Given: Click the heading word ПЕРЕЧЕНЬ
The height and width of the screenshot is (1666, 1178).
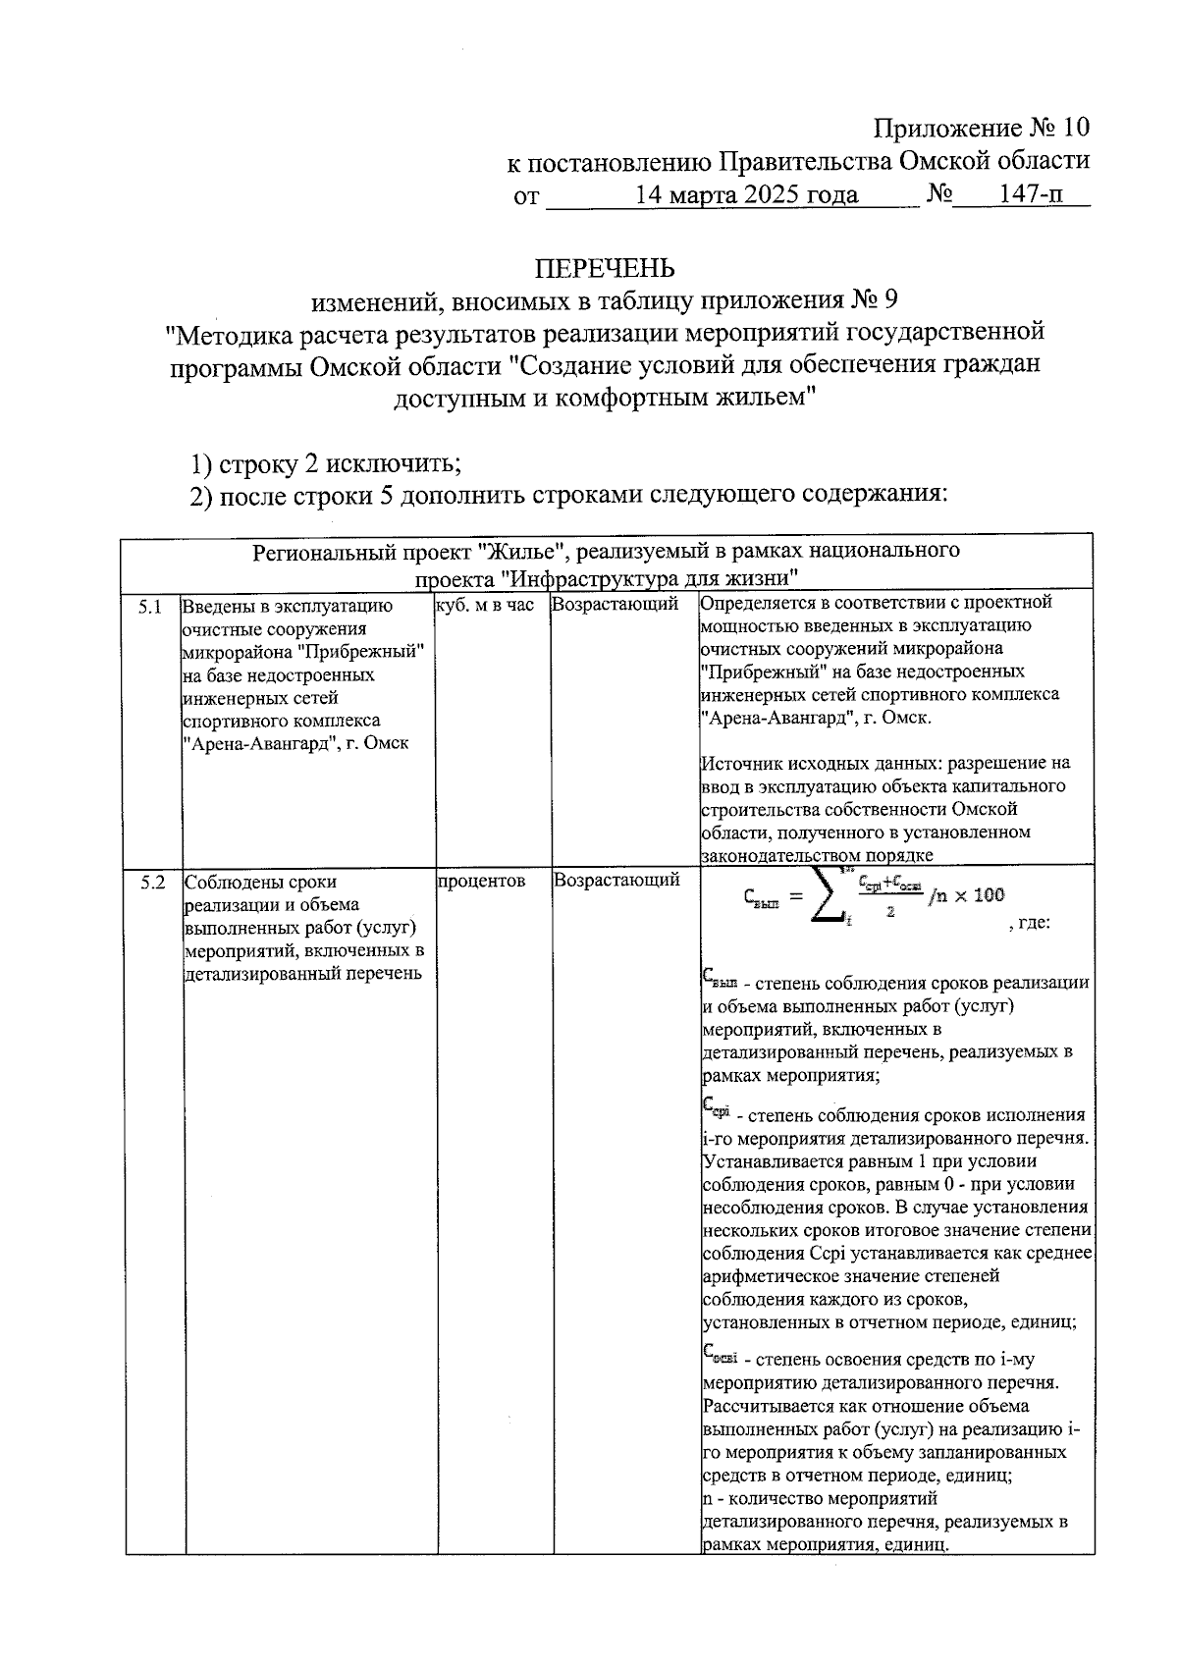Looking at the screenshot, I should [x=604, y=268].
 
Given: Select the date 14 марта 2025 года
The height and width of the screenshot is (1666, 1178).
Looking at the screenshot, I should [x=746, y=194].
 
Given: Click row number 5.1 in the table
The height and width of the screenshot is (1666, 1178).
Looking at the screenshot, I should [x=150, y=606].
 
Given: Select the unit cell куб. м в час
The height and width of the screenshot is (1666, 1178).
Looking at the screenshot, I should [x=485, y=606].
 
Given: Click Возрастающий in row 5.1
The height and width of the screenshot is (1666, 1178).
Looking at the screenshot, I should [x=616, y=605].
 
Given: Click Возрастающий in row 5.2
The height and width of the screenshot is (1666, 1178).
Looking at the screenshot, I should [x=616, y=881].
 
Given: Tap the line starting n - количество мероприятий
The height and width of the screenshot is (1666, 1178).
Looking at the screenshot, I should [x=820, y=1499].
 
